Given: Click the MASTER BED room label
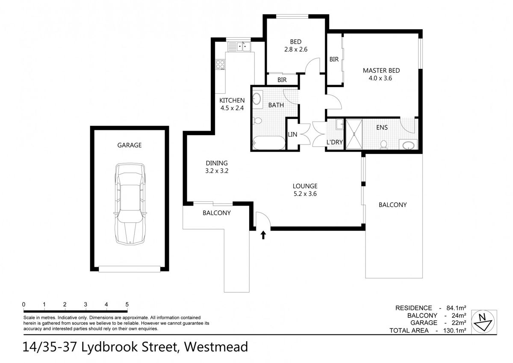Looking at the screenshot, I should pos(381,71).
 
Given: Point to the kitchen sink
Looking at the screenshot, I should pos(240,46).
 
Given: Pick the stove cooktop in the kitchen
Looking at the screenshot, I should pos(221,65).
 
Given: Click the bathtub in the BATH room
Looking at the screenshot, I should pos(269,143).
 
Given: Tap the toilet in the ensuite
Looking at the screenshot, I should pos(384,145).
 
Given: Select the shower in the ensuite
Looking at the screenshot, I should pos(354,135).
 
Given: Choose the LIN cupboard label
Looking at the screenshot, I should pos(293,134).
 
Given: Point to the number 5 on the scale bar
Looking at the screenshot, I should pos(127,304).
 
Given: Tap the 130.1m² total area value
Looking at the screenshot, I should pos(455,331).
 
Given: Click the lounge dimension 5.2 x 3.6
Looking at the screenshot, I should pos(305,193).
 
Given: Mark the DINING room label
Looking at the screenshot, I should pos(217,163).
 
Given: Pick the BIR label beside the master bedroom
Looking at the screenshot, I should pos(334,60).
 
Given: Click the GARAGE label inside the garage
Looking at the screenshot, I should pos(130,145).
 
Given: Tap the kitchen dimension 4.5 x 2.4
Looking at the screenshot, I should pos(232,108).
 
